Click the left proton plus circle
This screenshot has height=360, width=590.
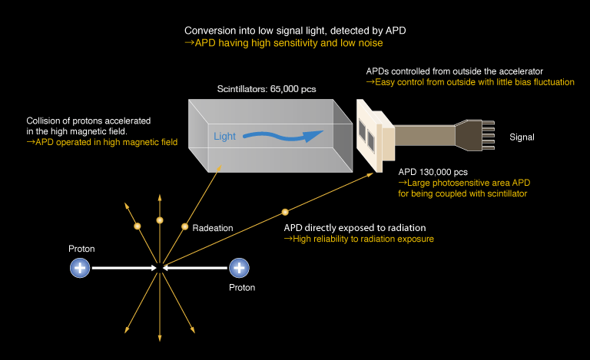tap(80, 268)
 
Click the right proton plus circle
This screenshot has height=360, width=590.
tap(240, 268)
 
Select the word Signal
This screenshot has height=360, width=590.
tap(522, 137)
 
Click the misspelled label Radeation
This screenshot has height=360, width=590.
tap(213, 228)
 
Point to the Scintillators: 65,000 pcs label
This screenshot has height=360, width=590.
tap(267, 89)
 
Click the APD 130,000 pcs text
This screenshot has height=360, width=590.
tap(433, 172)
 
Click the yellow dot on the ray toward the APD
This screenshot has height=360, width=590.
tap(285, 211)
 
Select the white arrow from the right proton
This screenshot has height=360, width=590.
tap(196, 268)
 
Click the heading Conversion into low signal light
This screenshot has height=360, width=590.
tap(295, 31)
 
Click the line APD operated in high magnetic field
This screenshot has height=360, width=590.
tap(102, 143)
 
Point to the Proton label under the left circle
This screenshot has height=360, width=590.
tap(81, 249)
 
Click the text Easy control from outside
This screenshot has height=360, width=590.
tap(469, 82)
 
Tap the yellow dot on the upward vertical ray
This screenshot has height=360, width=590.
tap(160, 221)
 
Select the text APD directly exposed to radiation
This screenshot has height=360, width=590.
tap(355, 228)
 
